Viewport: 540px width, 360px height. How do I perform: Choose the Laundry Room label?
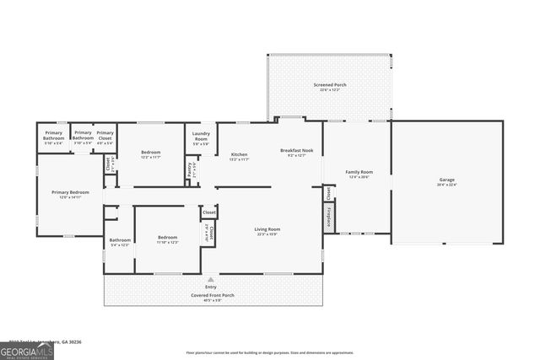tap(201, 137)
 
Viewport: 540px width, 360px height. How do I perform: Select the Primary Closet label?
tap(105, 135)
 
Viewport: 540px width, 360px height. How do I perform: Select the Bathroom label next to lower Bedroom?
tap(119, 242)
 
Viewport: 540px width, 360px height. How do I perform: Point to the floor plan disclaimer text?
tap(270, 352)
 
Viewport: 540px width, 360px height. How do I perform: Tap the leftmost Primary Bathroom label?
tap(54, 135)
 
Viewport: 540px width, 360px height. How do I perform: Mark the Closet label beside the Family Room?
tap(327, 192)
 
